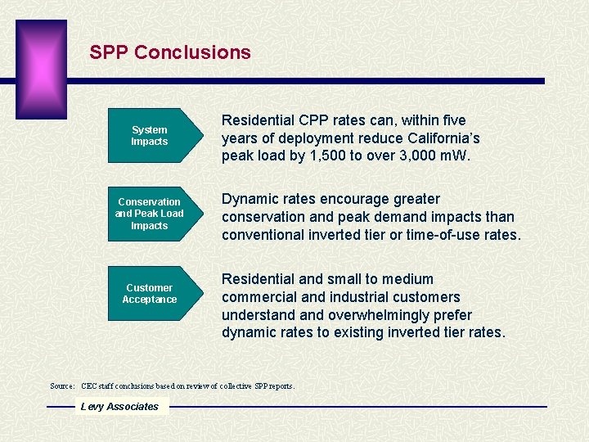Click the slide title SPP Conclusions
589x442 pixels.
click(170, 52)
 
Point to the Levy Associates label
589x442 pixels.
click(119, 407)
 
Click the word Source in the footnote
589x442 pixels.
click(62, 386)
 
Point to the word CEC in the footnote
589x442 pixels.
click(90, 386)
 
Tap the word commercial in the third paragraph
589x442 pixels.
click(258, 297)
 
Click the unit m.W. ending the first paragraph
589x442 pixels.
click(453, 155)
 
